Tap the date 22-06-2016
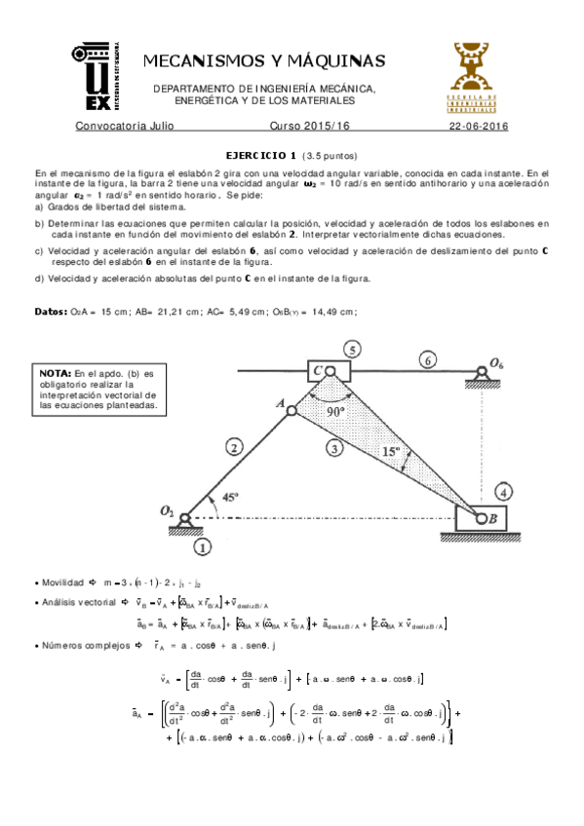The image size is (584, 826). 479,127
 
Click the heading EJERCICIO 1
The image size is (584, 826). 260,156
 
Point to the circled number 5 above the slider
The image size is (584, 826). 353,350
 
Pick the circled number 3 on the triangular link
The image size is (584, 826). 334,449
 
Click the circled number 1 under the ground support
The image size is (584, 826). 202,546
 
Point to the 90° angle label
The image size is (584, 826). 336,411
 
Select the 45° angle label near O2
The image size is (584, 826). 230,498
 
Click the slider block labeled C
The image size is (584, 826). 326,371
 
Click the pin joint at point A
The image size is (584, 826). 291,411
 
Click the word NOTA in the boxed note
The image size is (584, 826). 55,373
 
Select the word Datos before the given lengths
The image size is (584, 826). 49,312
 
